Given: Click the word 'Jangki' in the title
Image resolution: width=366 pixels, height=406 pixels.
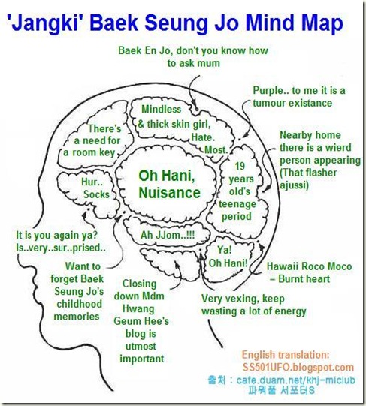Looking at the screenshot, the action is (x=44, y=23).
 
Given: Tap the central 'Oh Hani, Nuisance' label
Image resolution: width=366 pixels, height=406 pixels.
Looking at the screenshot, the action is (x=169, y=184).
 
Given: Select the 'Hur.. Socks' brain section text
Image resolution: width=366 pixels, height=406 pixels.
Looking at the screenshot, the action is (x=95, y=188).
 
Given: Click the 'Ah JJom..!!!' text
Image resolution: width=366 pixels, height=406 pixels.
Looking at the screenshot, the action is (x=168, y=235).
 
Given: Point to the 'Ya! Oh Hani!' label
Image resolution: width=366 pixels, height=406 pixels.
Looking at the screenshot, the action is (x=228, y=257).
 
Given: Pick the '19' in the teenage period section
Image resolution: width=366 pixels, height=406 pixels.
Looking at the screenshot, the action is (x=240, y=166).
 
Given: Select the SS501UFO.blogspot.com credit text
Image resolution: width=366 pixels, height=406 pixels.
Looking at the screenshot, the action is (x=298, y=367).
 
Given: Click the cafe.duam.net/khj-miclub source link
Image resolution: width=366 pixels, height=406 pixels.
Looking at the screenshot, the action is (x=295, y=380).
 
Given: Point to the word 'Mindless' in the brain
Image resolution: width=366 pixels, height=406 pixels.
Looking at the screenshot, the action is (x=161, y=109).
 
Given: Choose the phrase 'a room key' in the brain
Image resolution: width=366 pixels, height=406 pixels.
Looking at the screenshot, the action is (x=89, y=153).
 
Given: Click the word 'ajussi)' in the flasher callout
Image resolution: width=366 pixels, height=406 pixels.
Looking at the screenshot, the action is (x=294, y=185).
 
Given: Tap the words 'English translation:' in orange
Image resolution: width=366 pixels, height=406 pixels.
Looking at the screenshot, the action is (x=286, y=355).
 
